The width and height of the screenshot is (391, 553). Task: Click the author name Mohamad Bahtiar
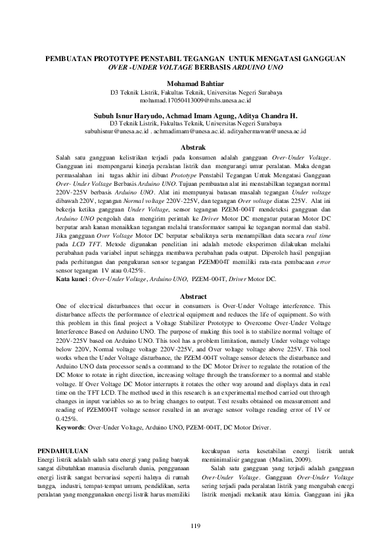(195, 83)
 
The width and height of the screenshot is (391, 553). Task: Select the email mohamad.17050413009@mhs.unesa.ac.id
(195, 102)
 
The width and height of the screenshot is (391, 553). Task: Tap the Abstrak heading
(195, 148)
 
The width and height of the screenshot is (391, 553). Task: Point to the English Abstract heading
(195, 296)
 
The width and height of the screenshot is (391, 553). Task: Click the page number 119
(195, 525)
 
